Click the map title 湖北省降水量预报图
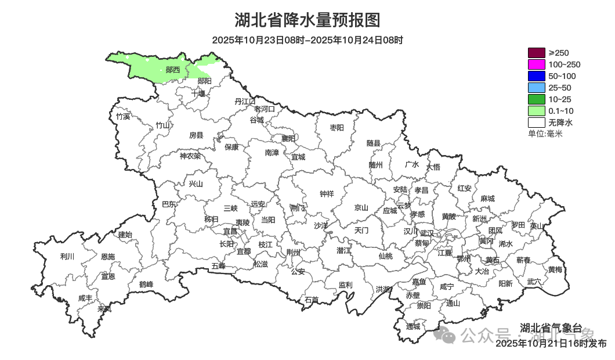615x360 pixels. pos(307,20)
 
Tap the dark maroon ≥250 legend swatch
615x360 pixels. pos(537,53)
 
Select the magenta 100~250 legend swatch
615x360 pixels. pos(537,64)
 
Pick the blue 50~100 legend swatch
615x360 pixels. pos(537,76)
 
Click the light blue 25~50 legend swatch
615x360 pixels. pos(537,88)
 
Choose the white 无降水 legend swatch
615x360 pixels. pos(537,123)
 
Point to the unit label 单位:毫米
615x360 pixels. pos(545,134)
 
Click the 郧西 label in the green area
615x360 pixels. pos(172,70)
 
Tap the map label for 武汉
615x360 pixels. pos(426,232)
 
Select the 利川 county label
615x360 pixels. pos(67,256)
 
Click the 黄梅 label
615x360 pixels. pos(555,269)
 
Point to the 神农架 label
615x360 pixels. pos(190,156)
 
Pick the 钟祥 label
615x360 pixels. pos(327,194)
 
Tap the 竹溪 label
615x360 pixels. pos(123,116)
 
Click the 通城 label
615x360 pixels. pos(413,326)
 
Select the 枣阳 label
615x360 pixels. pos(337,127)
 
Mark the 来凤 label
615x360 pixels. pos(104,308)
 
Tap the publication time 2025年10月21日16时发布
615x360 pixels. pos(551,344)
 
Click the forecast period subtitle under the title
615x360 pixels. pos(307,40)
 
